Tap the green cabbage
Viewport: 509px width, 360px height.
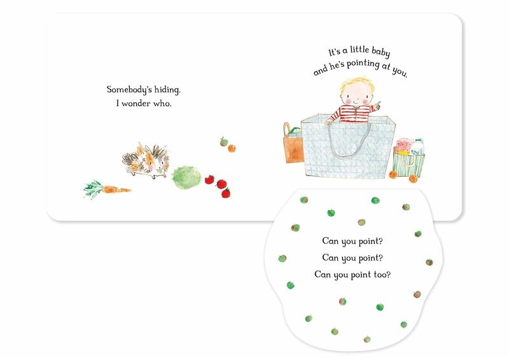[x=186, y=177]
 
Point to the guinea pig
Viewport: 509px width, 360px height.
[x=146, y=161]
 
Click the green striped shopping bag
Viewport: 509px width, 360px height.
[x=408, y=164]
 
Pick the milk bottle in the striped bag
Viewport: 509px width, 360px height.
[x=417, y=147]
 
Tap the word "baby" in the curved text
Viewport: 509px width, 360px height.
[x=380, y=52]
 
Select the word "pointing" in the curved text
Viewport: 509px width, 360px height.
[x=363, y=64]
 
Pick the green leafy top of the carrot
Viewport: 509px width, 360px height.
[x=94, y=190]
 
